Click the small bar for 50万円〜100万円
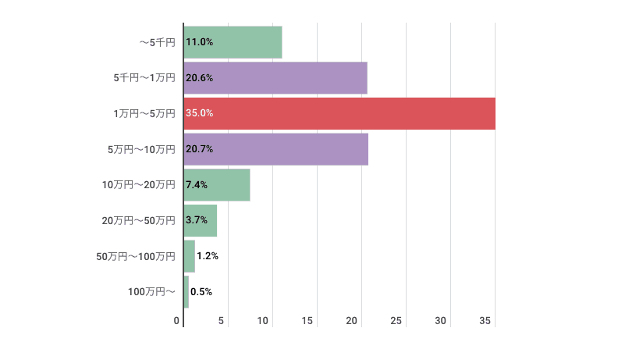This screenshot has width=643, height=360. click(x=190, y=256)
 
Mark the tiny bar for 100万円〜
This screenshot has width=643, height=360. click(x=187, y=292)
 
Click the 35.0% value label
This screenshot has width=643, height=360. click(x=200, y=113)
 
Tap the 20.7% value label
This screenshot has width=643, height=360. click(x=200, y=149)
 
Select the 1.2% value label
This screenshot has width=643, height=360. click(x=208, y=256)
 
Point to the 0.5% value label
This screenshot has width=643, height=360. click(x=201, y=292)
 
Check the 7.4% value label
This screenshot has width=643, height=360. click(x=197, y=185)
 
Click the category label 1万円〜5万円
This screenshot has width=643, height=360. click(x=144, y=114)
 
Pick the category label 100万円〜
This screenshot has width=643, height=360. click(x=151, y=292)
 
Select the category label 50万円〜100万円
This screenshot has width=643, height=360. click(x=136, y=256)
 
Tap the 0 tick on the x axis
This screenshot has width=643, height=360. click(x=177, y=321)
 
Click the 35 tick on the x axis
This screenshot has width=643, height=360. click(x=485, y=321)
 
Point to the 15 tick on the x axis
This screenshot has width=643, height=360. click(x=307, y=321)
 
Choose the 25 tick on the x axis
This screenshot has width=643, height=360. click(x=396, y=321)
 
